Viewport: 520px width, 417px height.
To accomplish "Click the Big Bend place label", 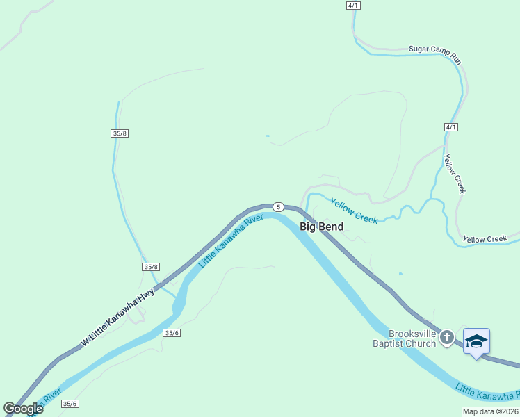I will pyautogui.click(x=321, y=227).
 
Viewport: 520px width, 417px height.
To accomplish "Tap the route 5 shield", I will pyautogui.click(x=278, y=206).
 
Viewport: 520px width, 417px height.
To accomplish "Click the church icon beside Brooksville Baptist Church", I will pyautogui.click(x=447, y=338).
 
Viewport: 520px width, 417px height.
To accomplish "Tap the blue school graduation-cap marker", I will pyautogui.click(x=476, y=341).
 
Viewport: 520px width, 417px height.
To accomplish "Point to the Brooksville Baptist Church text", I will pyautogui.click(x=403, y=338).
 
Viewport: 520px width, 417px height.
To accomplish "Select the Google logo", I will pyautogui.click(x=23, y=408).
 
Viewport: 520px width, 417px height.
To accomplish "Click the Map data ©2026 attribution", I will pyautogui.click(x=490, y=411).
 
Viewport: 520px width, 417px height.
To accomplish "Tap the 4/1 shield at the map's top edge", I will pyautogui.click(x=353, y=6).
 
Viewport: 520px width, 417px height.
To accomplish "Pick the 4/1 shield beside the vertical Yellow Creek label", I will pyautogui.click(x=451, y=127).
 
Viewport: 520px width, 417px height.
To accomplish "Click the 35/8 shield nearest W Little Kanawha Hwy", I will pyautogui.click(x=151, y=267).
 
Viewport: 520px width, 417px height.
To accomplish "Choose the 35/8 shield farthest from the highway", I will pyautogui.click(x=119, y=133).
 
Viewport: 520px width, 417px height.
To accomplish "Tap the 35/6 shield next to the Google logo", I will pyautogui.click(x=70, y=404).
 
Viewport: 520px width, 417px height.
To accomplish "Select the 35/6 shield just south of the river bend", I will pyautogui.click(x=172, y=333).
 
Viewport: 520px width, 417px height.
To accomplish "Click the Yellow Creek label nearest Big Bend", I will pyautogui.click(x=354, y=211).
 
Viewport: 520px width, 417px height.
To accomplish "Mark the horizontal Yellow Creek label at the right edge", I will pyautogui.click(x=485, y=239).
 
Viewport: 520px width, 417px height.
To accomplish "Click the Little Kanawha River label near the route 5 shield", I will pyautogui.click(x=231, y=241).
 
